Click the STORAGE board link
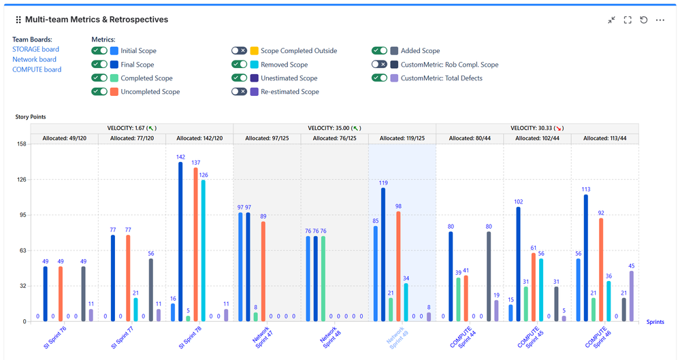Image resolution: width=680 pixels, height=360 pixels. coord(35,49)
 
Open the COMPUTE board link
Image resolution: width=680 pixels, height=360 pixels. coord(37,69)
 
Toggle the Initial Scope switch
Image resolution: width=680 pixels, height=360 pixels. coord(99,51)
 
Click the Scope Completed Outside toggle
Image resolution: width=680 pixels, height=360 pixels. coord(239,51)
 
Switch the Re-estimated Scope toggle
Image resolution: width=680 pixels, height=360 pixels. coord(239,92)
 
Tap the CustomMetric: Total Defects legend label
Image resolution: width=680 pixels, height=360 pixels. coord(441,78)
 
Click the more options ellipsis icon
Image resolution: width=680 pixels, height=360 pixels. coord(660,20)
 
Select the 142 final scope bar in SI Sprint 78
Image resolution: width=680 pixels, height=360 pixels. coord(180,242)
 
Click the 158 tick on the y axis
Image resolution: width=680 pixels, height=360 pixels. coord(20,144)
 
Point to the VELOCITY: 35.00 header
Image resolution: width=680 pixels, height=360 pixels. coord(334,128)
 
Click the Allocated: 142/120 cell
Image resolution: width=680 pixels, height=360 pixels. coord(199,138)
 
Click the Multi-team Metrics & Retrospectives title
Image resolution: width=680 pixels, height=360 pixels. coord(97,20)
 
